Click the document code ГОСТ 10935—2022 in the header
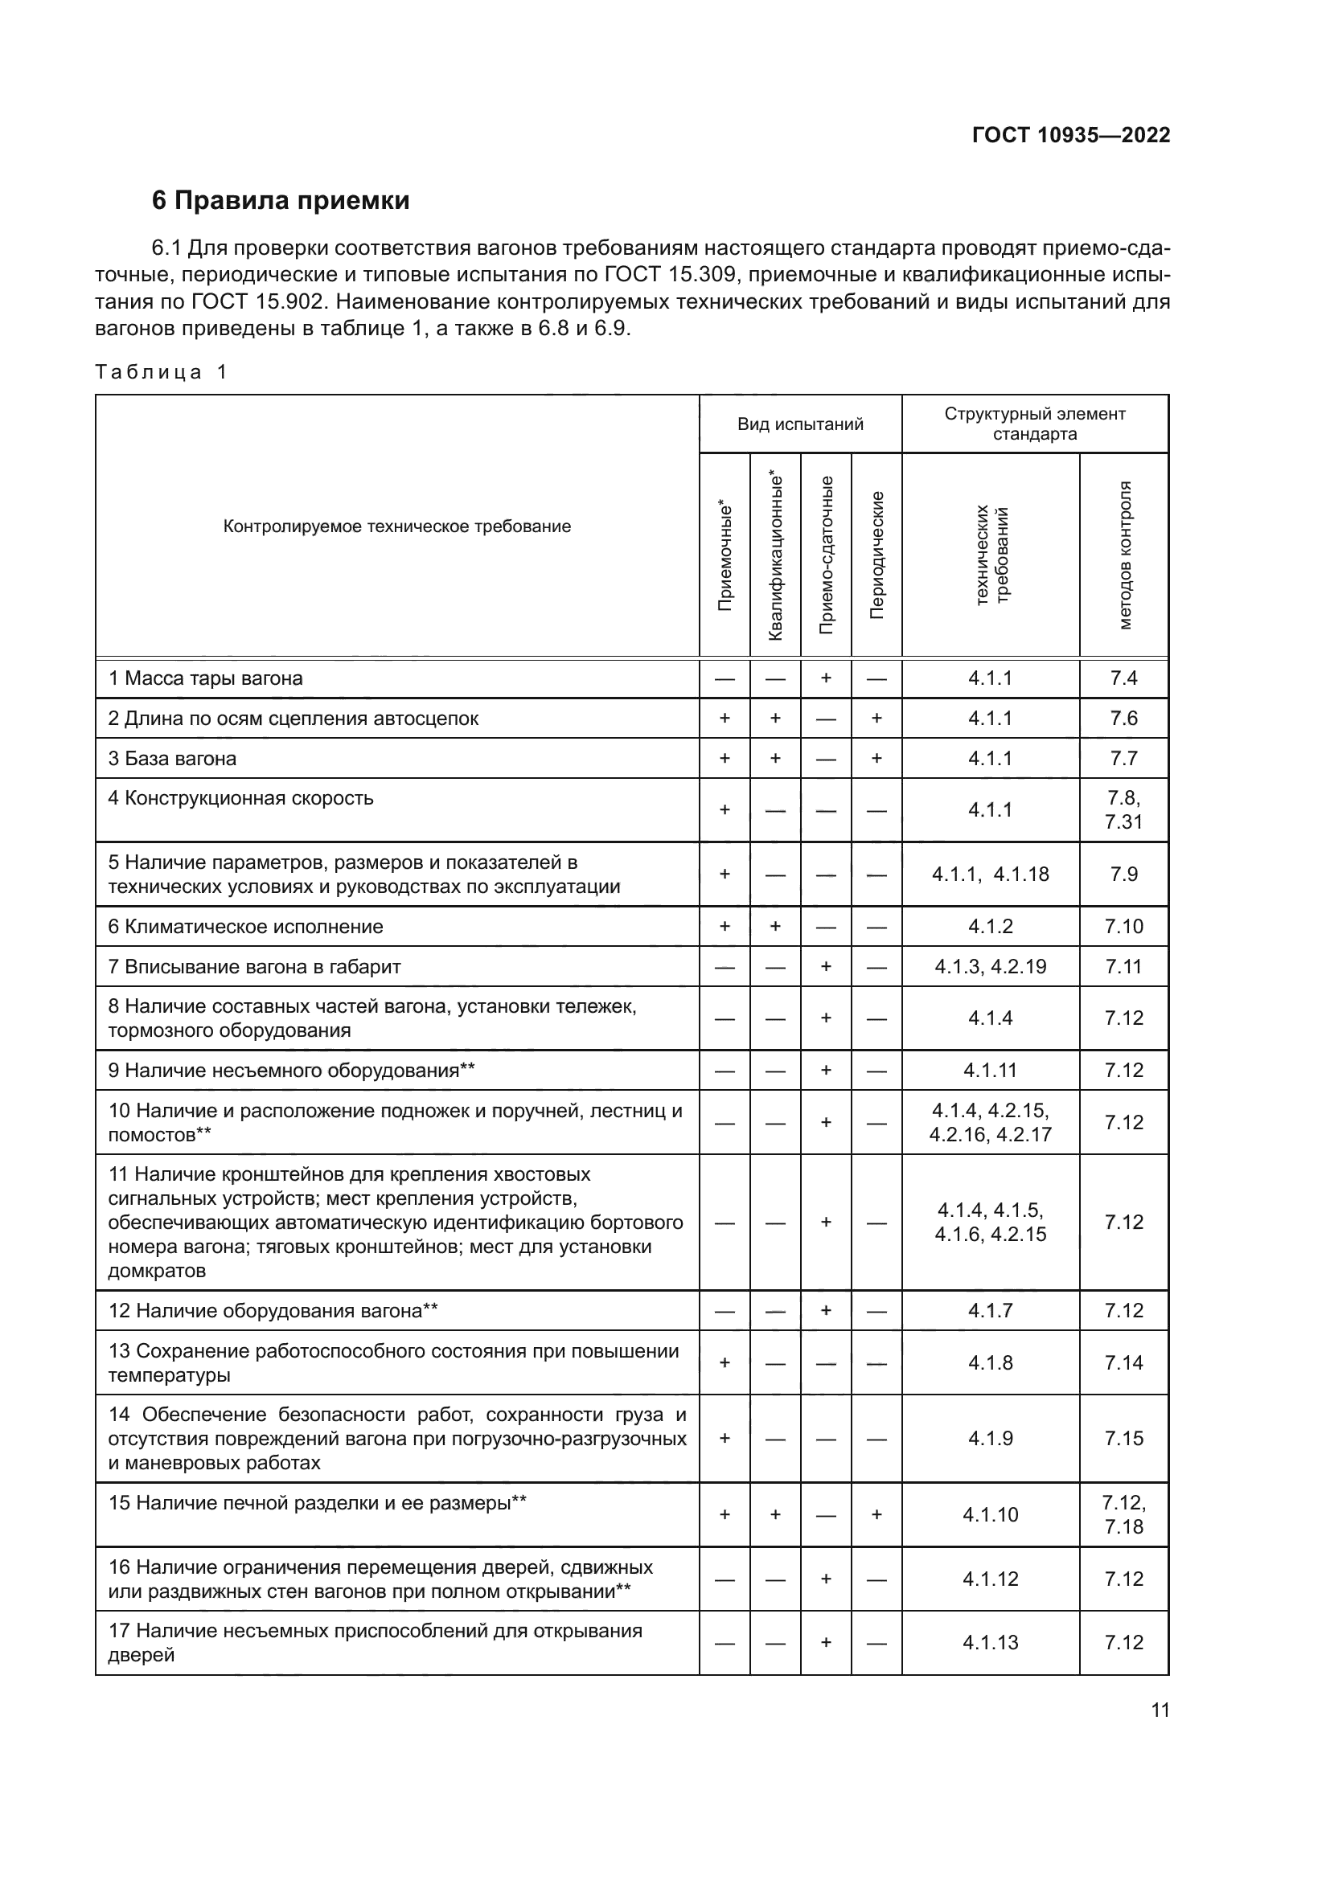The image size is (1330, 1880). [1070, 135]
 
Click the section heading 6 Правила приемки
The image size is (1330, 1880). [280, 201]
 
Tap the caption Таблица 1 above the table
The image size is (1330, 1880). [161, 372]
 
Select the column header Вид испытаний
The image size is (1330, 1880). [799, 424]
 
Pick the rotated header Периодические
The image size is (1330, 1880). [876, 555]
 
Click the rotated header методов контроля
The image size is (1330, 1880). [1123, 555]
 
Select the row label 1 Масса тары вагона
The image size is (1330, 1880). [206, 678]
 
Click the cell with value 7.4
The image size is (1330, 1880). [1123, 678]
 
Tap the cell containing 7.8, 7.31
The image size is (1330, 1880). [1123, 810]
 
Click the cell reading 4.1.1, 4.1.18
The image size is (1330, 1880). [990, 874]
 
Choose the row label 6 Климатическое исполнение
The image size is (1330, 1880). [246, 926]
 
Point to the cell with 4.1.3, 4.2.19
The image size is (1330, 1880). [990, 966]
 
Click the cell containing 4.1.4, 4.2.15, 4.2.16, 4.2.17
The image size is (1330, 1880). [990, 1122]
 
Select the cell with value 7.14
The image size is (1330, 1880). [1123, 1362]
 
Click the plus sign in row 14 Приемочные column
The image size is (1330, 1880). [725, 1438]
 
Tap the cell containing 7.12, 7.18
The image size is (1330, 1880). [1123, 1514]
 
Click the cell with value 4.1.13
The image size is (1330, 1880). [990, 1643]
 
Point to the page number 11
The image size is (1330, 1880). [1160, 1710]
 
